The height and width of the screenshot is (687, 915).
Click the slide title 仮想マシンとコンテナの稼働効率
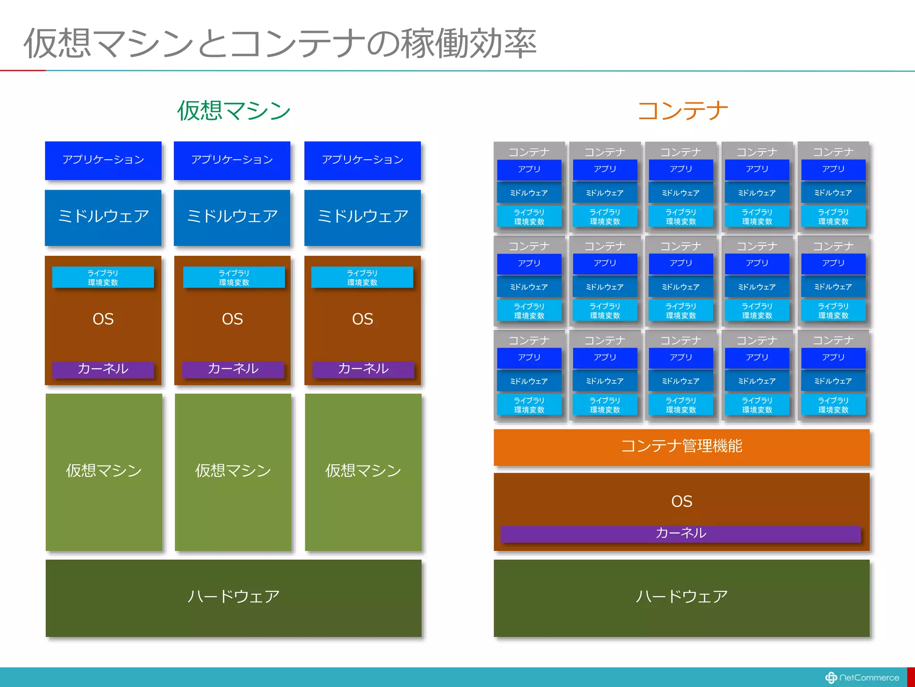tap(280, 43)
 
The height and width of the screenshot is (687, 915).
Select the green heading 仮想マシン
tap(234, 110)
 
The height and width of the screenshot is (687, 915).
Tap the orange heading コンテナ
tap(682, 110)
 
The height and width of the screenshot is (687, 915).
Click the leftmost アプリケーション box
tap(103, 160)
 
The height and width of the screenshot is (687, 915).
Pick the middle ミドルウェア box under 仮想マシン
tap(232, 217)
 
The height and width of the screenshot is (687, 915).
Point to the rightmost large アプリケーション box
tap(362, 160)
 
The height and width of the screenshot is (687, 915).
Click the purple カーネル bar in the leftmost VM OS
tap(103, 369)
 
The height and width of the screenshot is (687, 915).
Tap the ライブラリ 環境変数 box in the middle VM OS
tap(234, 277)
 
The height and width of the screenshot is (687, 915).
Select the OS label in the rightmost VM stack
tap(362, 319)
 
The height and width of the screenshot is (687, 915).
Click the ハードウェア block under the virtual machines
tap(233, 597)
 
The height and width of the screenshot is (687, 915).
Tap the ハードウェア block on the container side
tap(681, 597)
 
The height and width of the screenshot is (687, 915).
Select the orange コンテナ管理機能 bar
tap(681, 446)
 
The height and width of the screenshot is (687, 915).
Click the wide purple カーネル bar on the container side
tap(680, 533)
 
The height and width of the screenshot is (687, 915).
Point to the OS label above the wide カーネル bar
tap(681, 501)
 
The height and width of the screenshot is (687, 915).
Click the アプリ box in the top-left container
tap(529, 170)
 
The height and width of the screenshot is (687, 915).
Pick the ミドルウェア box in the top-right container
tap(833, 193)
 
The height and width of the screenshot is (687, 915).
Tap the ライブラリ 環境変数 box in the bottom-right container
tap(833, 405)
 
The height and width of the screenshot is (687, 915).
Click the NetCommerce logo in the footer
tap(862, 678)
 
